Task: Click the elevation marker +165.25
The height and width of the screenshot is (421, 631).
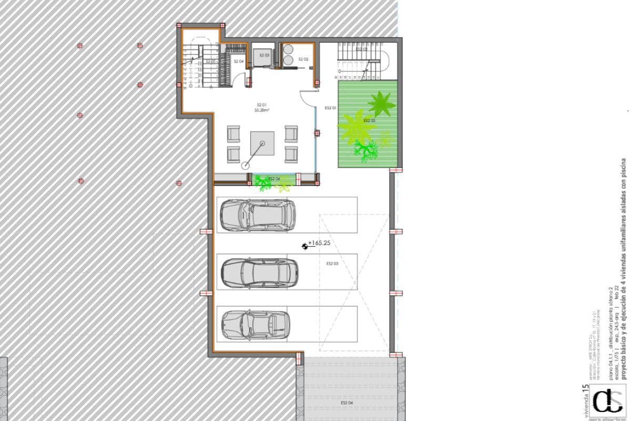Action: [x=319, y=243]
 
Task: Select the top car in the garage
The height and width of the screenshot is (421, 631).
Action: [x=258, y=215]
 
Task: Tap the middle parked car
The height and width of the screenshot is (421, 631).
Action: [x=259, y=273]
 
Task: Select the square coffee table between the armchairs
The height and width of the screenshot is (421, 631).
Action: [x=262, y=143]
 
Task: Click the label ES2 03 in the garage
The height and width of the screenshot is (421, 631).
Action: [x=332, y=263]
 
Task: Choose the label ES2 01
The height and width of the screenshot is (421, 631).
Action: [x=331, y=108]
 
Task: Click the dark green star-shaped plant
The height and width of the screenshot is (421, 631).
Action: [x=381, y=103]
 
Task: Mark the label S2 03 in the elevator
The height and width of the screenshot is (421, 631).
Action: [x=264, y=55]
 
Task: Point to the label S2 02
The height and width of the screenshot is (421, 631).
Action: [x=303, y=59]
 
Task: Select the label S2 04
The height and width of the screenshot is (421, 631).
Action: [x=239, y=62]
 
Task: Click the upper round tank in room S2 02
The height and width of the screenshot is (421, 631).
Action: [x=289, y=49]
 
